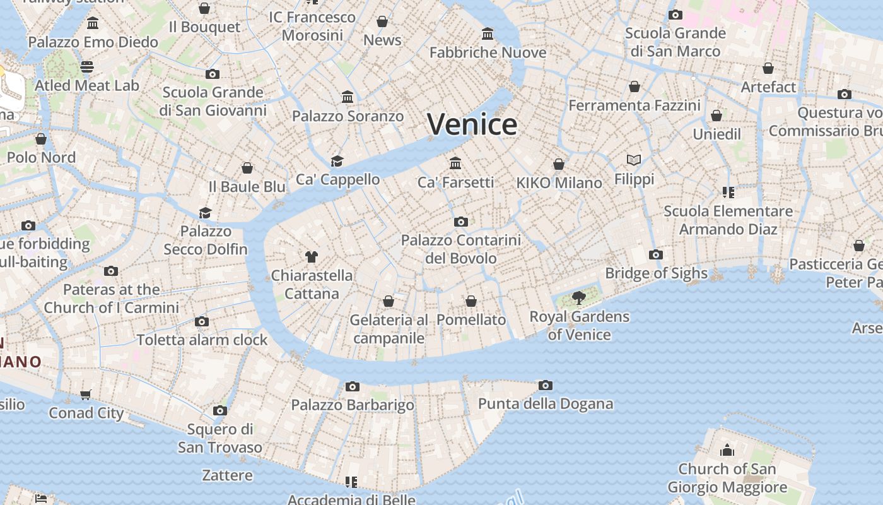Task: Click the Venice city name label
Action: click(x=472, y=124)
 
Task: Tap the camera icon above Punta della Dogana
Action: click(x=546, y=385)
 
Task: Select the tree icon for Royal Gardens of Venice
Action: click(x=578, y=297)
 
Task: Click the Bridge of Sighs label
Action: click(x=656, y=273)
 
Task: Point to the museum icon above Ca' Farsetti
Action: click(x=455, y=163)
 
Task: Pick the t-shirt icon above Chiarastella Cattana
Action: click(x=312, y=256)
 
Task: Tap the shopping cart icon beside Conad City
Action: click(x=86, y=395)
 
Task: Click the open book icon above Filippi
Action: click(x=634, y=160)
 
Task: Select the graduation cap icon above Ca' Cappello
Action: click(x=337, y=161)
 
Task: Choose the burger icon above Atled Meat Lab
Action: click(x=87, y=66)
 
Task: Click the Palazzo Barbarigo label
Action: click(x=353, y=405)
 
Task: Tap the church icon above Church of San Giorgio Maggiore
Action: click(x=727, y=450)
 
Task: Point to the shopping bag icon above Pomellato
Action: click(x=471, y=301)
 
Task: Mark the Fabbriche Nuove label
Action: click(x=488, y=52)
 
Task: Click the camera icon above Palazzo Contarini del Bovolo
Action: click(x=461, y=222)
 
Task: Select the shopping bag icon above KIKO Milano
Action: click(x=559, y=164)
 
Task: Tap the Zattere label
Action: click(x=227, y=475)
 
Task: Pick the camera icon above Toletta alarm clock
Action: click(x=202, y=321)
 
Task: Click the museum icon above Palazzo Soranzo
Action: click(x=348, y=97)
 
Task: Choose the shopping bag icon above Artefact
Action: click(x=768, y=68)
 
